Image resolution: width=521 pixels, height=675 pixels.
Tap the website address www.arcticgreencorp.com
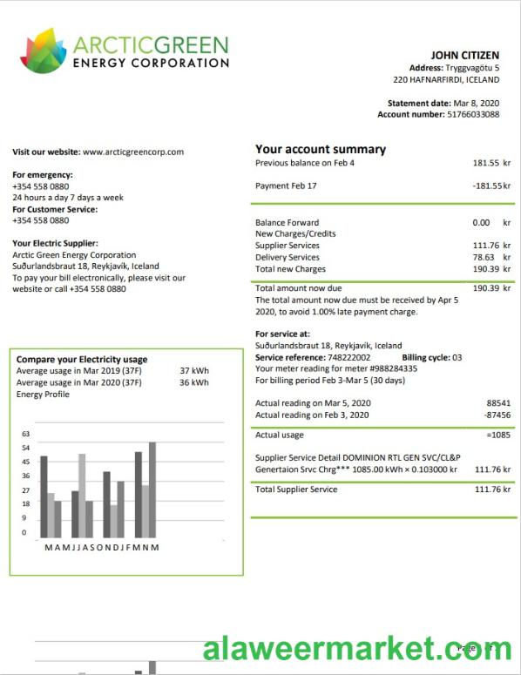(133, 152)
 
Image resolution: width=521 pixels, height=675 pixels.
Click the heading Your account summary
(320, 149)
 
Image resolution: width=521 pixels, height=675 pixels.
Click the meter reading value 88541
(497, 403)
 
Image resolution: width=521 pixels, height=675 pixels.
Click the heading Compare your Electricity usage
(82, 359)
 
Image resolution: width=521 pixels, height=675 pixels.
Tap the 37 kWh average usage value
(193, 370)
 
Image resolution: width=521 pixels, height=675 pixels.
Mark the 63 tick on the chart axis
(25, 434)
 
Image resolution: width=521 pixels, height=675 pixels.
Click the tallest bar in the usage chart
(152, 489)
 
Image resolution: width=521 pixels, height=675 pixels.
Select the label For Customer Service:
(55, 209)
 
